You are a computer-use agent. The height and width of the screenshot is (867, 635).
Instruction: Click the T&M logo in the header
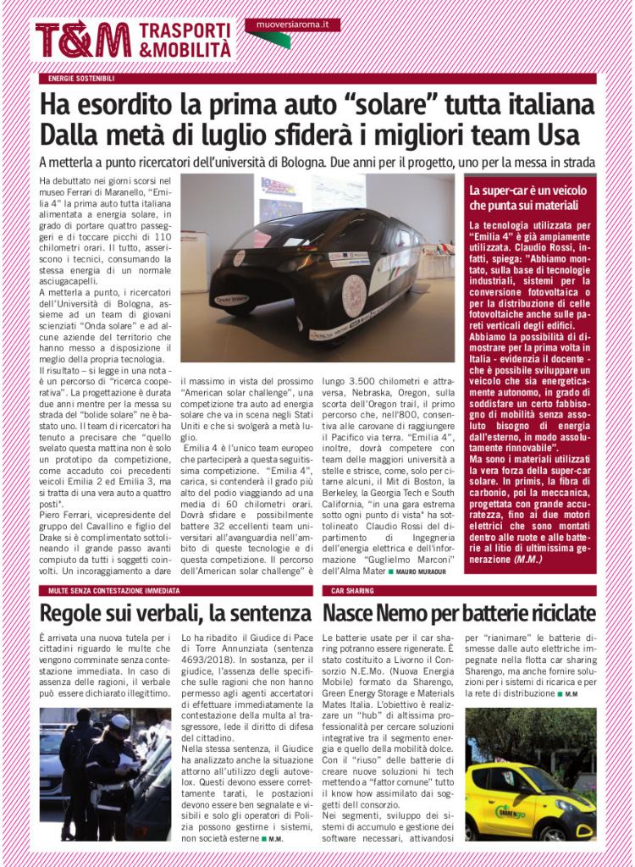(x=83, y=40)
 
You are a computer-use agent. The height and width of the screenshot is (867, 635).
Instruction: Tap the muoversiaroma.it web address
(x=291, y=25)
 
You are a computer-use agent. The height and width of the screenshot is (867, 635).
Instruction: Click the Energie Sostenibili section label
(x=82, y=79)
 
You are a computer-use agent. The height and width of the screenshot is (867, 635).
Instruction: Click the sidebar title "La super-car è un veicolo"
(x=527, y=191)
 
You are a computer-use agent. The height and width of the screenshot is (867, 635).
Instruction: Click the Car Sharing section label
(x=348, y=589)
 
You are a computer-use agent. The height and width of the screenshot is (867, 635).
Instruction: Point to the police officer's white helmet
(x=121, y=722)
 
